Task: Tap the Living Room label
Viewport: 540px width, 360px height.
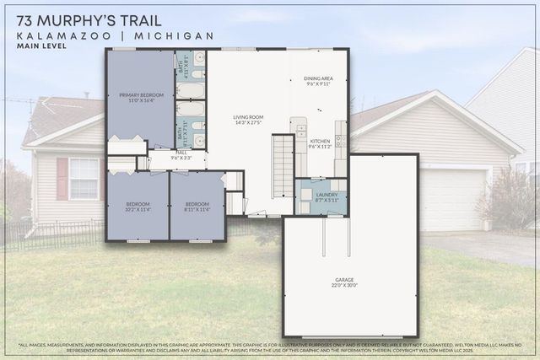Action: (249, 120)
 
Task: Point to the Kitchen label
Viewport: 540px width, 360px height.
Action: (320, 143)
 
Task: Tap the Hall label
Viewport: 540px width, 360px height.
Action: (181, 155)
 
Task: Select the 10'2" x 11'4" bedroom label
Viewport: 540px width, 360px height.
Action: (137, 206)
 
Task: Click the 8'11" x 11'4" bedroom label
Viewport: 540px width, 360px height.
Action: (197, 206)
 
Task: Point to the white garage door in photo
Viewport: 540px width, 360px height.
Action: (453, 199)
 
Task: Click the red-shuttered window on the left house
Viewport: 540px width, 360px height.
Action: (82, 178)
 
